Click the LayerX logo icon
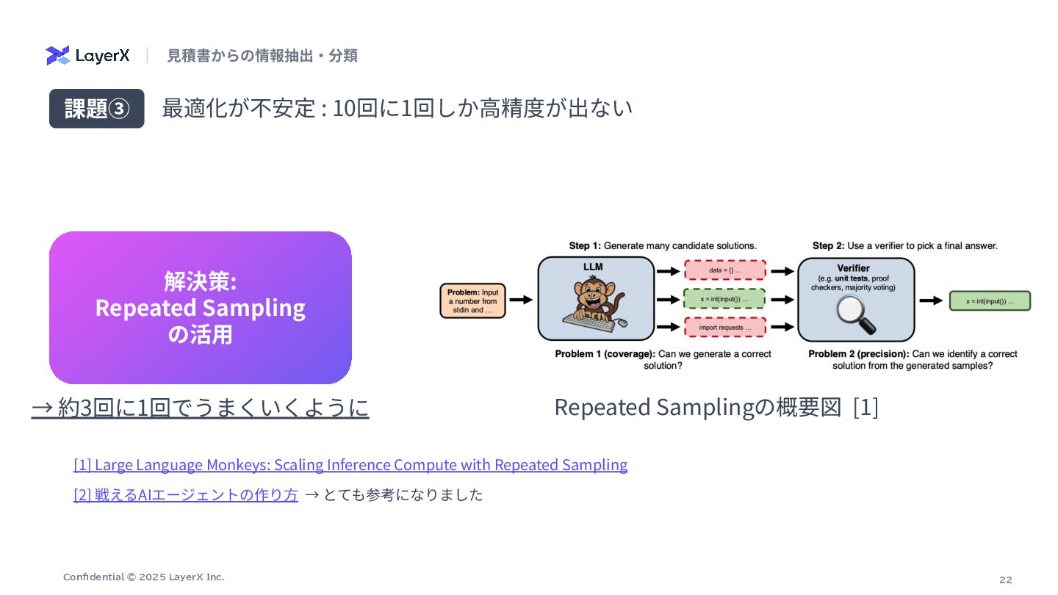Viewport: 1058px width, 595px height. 58,55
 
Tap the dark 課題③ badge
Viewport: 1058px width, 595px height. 96,109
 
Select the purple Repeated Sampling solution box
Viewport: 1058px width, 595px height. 200,307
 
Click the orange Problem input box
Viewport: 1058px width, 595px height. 473,300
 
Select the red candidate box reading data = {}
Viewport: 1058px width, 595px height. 724,270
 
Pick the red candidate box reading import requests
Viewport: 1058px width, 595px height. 724,327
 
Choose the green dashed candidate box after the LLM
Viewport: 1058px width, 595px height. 724,300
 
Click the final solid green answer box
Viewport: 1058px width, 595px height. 990,300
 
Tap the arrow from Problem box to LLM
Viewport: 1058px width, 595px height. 521,300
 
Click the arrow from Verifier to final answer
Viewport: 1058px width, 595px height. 931,300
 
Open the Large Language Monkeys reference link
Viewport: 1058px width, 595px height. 350,465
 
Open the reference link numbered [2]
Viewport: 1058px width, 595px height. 186,495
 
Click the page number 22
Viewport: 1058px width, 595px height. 1005,580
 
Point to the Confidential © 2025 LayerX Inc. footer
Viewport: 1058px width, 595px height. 144,577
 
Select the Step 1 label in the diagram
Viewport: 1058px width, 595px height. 663,245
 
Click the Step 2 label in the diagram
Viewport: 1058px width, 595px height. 904,245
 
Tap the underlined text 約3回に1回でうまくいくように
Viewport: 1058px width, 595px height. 200,407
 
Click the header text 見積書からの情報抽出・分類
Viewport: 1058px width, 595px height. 262,55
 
